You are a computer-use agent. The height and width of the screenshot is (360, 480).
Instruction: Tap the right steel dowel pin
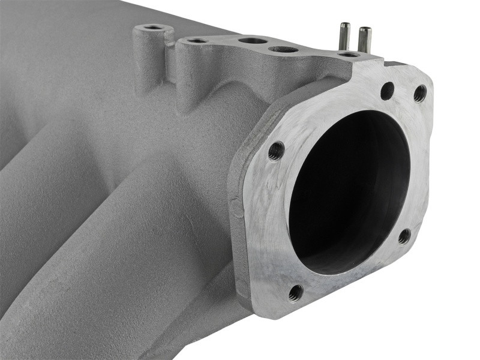point(364,38)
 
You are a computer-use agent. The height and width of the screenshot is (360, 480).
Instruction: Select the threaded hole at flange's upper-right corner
point(420,93)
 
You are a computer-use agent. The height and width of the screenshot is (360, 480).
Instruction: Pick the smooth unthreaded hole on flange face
point(388,91)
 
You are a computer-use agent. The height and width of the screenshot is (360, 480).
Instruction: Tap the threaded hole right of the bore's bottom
point(404,236)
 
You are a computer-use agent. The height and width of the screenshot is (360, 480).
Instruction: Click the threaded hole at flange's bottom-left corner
point(295,292)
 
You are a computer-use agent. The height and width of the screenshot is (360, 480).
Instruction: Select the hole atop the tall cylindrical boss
point(154,28)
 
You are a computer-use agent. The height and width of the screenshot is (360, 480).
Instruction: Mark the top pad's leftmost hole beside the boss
point(196,41)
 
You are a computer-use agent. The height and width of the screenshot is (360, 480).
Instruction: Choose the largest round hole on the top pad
point(253,41)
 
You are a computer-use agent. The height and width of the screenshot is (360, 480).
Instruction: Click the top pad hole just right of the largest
point(283,49)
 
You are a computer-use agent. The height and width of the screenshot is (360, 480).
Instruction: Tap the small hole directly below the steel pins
point(349,55)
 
